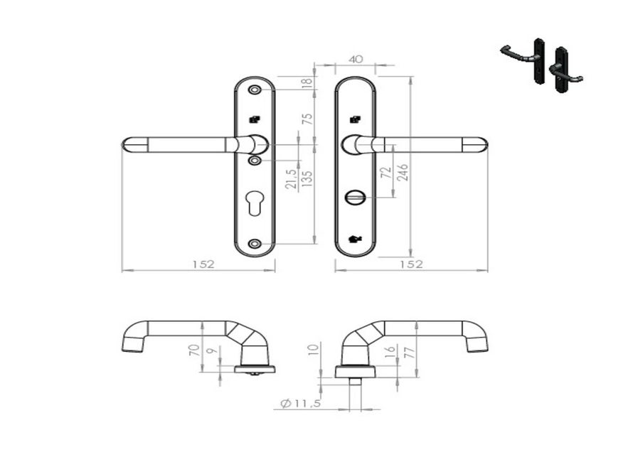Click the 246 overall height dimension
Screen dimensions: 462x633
coord(403,173)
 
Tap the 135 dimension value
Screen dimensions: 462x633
coord(308,177)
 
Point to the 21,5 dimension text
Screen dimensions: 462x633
coord(291,180)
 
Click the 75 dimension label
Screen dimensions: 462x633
coord(308,118)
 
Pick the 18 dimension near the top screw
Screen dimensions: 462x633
coord(308,82)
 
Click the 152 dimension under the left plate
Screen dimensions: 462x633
coord(202,264)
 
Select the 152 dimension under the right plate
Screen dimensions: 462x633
coord(410,264)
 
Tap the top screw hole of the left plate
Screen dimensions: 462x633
coord(255,90)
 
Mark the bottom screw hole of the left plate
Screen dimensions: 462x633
coord(255,245)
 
